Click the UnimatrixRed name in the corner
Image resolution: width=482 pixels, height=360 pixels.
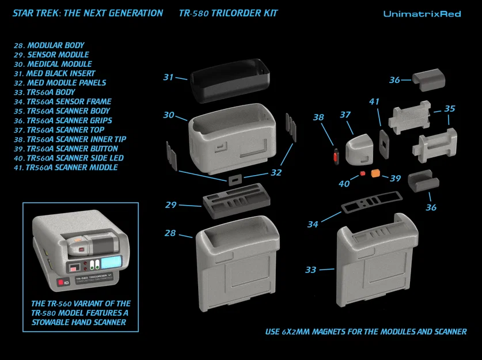click(x=422, y=14)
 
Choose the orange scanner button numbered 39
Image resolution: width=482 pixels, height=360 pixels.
click(x=376, y=173)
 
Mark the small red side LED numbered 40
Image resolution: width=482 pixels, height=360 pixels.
click(x=363, y=172)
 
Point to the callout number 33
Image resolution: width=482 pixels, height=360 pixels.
click(x=311, y=269)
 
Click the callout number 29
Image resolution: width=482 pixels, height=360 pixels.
click(x=170, y=205)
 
